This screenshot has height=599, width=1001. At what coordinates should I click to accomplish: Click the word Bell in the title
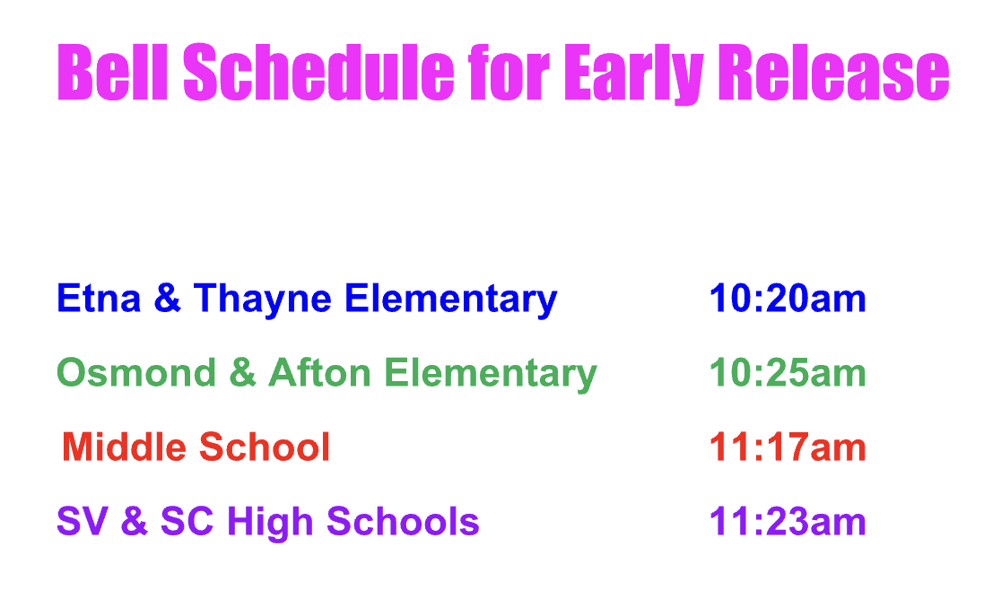point(112,72)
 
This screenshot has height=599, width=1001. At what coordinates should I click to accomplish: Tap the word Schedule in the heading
point(318,72)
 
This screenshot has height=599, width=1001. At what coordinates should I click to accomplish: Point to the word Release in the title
point(834,72)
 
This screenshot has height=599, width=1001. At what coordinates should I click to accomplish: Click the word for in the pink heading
point(509,72)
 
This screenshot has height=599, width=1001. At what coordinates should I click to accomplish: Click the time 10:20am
point(788,298)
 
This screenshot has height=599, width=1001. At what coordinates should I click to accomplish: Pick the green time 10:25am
point(788,372)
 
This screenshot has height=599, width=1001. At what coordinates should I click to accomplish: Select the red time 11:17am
point(788,447)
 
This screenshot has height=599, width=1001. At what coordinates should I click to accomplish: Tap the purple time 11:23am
point(788,522)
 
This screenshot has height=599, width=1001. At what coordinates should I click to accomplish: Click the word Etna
point(99,298)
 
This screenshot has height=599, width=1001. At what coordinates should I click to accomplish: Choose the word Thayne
point(263,299)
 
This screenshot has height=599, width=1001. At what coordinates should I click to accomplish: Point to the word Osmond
point(136,372)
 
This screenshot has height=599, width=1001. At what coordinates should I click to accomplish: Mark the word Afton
point(320,372)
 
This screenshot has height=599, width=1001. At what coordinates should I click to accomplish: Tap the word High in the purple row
point(270,523)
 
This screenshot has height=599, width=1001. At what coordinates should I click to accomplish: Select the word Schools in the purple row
point(403,521)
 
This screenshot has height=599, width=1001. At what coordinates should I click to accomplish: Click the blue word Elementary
point(450,299)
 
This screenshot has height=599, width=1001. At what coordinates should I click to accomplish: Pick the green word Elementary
point(491,375)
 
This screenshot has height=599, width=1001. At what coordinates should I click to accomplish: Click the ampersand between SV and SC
point(134,521)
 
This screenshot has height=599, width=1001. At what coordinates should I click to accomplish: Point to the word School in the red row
point(265,447)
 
